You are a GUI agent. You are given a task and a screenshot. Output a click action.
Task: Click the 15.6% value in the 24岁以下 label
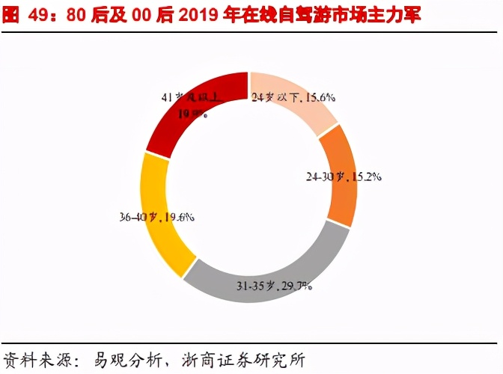coord(320,97)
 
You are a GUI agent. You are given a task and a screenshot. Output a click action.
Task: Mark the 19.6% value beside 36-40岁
coord(179,218)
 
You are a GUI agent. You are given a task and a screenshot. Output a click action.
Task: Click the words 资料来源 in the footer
coord(31,360)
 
